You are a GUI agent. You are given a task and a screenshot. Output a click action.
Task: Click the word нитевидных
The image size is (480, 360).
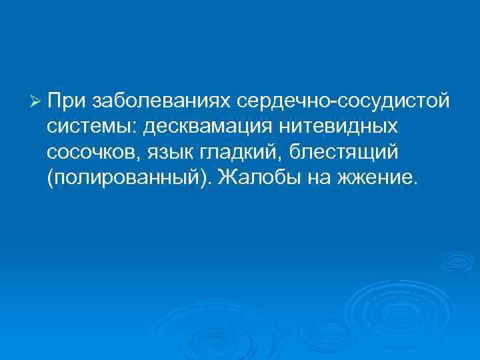click(345, 126)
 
